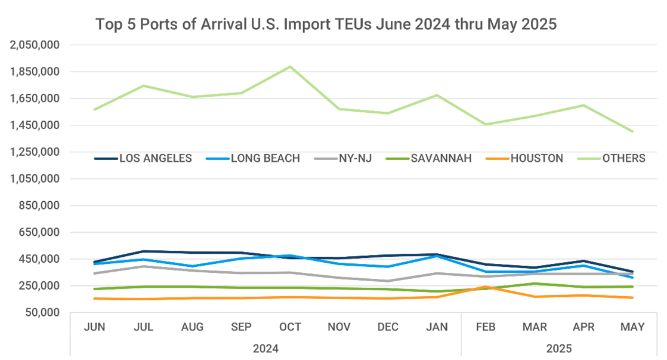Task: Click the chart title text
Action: (x=326, y=24)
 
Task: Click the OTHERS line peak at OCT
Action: (x=290, y=67)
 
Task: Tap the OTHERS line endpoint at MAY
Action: (x=632, y=131)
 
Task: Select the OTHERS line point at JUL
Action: (x=143, y=86)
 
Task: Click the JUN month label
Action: (x=94, y=327)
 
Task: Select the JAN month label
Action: (x=437, y=327)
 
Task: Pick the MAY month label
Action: (x=632, y=327)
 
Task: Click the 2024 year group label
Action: (x=265, y=347)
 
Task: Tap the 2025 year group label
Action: (x=559, y=347)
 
